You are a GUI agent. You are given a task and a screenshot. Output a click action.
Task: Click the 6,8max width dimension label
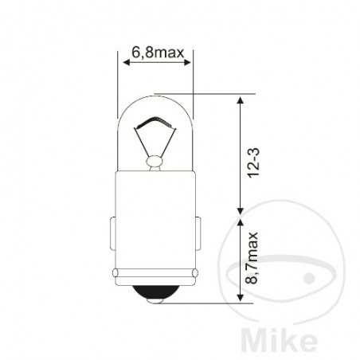point(156,55)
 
